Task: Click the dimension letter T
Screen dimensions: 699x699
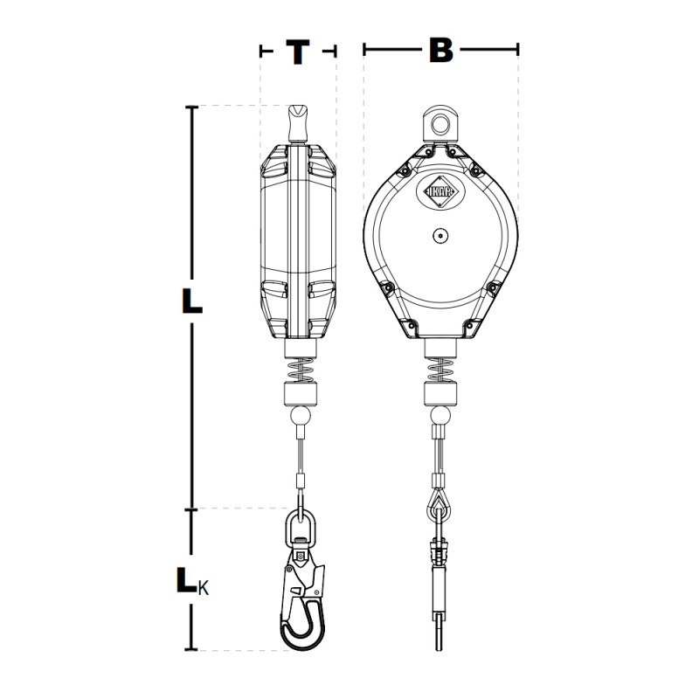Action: (298, 52)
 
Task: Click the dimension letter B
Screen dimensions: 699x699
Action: (441, 50)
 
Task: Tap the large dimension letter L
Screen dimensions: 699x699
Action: (191, 301)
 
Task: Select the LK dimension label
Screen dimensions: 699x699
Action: (192, 581)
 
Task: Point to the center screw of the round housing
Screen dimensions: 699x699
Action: (440, 236)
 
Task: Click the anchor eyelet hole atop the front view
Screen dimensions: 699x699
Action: (441, 123)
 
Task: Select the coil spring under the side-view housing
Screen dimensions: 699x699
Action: (301, 370)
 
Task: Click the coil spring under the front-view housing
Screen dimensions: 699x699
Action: (440, 370)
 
